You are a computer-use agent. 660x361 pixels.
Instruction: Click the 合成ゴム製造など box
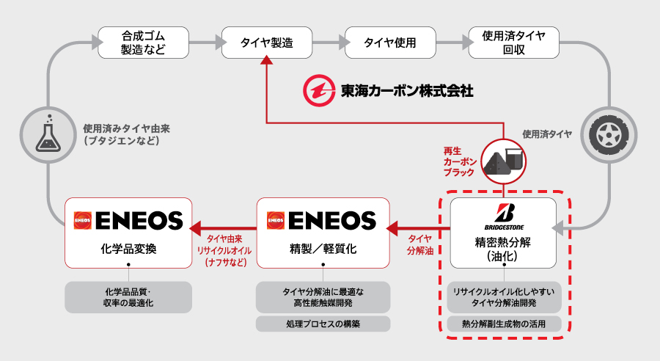point(143,43)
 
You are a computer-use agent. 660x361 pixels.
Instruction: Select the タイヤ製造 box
point(267,43)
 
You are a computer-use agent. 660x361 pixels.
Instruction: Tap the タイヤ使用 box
point(390,43)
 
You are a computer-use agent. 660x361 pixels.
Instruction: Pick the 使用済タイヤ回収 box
point(513,43)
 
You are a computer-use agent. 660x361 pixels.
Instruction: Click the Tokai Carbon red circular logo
point(319,90)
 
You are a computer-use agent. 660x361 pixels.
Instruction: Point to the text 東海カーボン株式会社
point(407,90)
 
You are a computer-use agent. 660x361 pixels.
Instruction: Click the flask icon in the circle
point(48,135)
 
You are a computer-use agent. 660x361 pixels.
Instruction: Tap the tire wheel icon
point(609,135)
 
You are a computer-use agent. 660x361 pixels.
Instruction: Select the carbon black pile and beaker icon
point(504,161)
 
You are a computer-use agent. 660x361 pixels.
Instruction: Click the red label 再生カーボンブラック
point(460,161)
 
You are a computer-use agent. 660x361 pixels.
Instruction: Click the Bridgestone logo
point(505,216)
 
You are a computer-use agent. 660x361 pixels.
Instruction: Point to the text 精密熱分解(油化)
point(503,249)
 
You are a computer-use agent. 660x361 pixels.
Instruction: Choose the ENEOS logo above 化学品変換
point(128,220)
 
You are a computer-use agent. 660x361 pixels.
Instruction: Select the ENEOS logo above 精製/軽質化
point(322,220)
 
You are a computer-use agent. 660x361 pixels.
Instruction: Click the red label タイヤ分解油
point(419,245)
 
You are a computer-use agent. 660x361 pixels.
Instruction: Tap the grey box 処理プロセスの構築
point(323,324)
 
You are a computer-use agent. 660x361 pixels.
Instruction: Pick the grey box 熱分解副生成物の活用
point(504,324)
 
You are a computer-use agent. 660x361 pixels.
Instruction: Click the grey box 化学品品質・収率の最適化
point(128,297)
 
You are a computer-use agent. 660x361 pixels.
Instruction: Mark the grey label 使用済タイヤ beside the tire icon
point(547,134)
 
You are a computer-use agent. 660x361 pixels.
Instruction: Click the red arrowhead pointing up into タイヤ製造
point(266,60)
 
